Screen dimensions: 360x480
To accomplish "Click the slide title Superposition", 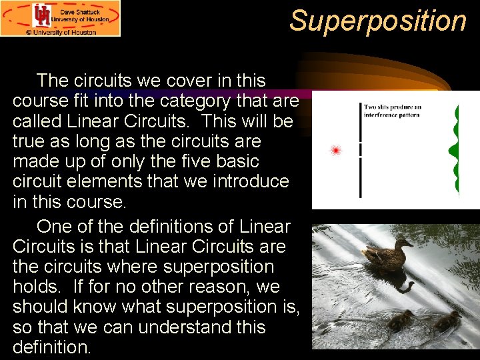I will tap(378, 21).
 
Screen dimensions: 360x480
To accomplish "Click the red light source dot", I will tap(336, 151).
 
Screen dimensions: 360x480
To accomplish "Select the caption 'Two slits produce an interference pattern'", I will tap(393, 110).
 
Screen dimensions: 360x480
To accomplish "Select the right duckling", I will tap(445, 321).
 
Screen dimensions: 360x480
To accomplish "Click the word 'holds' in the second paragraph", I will tap(37, 287).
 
